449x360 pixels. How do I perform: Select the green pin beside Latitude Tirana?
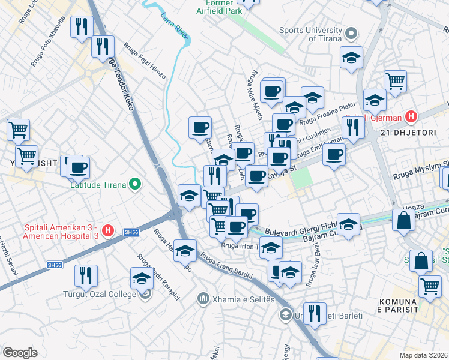[136, 184]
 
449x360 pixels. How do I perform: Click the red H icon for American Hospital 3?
[107, 230]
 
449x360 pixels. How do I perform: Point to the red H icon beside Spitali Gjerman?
[411, 116]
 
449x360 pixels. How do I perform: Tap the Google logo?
[20, 353]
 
